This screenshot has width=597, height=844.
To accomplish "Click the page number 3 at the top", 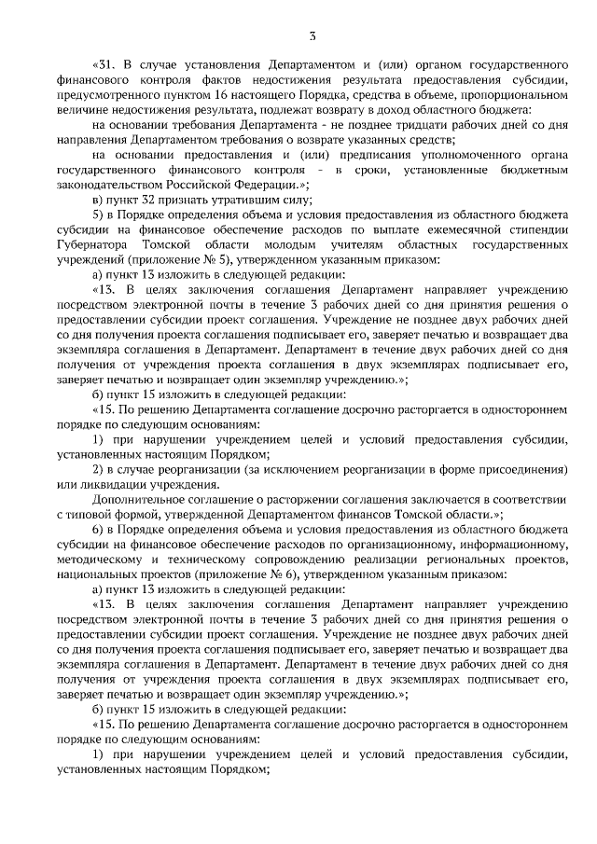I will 313,36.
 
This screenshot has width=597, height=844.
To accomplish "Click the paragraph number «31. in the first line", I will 108,68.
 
